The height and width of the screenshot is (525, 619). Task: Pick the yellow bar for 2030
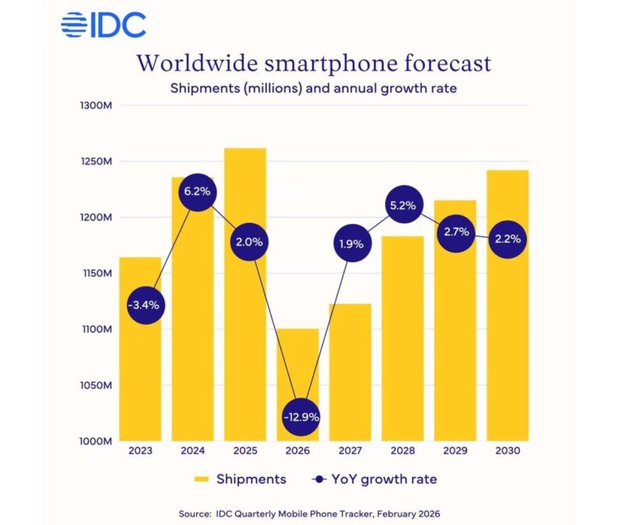(508, 327)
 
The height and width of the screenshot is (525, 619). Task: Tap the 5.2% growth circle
(403, 206)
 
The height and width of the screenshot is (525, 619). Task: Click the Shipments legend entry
(241, 479)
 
